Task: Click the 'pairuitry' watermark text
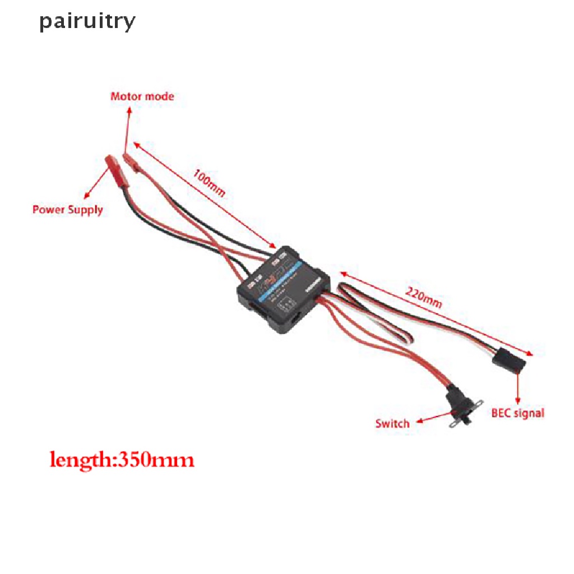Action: tap(87, 22)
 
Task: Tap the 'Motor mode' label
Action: tap(142, 96)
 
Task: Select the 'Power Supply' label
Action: tap(68, 210)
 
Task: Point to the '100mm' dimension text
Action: tap(209, 183)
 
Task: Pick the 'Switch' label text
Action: tap(392, 423)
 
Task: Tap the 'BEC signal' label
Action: tap(517, 413)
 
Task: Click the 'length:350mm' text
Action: tap(122, 460)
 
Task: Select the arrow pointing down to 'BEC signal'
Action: tap(516, 387)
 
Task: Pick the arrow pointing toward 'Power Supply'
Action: tap(95, 183)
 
